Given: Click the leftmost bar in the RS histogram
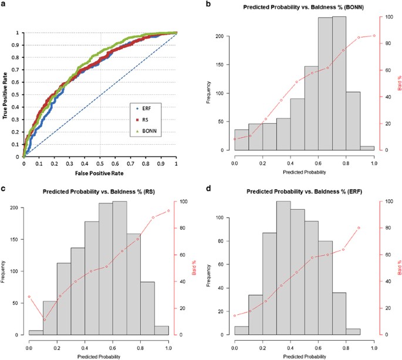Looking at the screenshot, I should point(36,332).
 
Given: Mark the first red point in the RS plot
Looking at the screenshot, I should point(29,297).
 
